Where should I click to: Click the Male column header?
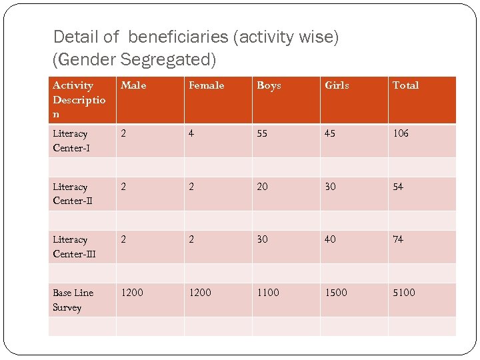coord(133,85)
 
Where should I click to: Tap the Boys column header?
coord(269,85)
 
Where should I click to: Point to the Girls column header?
coord(337,85)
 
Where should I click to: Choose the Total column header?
coord(405,85)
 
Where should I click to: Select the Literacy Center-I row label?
coord(70,141)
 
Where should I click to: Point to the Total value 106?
coord(401,133)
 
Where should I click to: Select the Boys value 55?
coord(263,133)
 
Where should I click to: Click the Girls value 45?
coord(330,133)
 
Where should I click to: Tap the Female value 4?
coord(191,133)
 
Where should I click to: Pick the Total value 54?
coord(398,187)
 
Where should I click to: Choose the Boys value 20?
coord(263,187)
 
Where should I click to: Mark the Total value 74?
coord(398,239)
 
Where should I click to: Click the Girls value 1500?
coord(336,293)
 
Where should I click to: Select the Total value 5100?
coord(403,293)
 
